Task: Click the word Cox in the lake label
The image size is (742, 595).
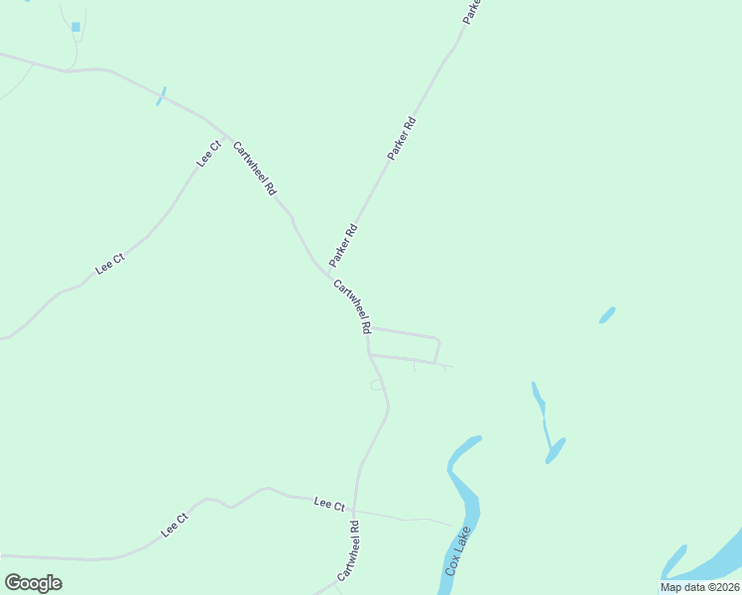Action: (451, 568)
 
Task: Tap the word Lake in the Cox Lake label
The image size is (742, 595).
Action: (460, 545)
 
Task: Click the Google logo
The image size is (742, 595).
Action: (33, 583)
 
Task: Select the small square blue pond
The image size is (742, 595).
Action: (75, 27)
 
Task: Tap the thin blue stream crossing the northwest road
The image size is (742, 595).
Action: (161, 96)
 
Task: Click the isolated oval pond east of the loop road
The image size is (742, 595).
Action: (607, 315)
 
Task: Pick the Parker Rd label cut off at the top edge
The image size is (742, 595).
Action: (472, 11)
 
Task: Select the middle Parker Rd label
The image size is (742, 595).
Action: (402, 139)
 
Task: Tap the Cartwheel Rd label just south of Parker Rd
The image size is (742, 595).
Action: (352, 305)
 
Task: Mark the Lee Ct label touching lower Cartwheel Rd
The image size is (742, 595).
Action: (328, 504)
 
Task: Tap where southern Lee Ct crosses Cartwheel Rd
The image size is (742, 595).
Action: (354, 508)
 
